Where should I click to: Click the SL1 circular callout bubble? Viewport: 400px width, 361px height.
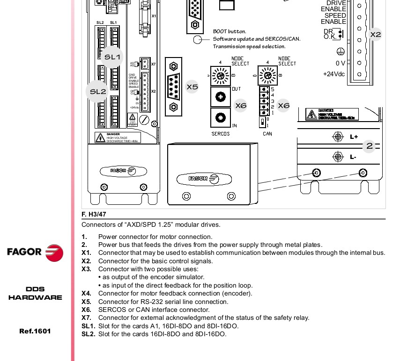112,57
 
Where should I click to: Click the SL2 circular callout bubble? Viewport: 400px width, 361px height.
98,92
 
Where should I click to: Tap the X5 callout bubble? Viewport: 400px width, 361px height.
192,87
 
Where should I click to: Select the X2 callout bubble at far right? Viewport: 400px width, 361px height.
376,34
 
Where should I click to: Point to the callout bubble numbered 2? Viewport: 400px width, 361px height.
370,146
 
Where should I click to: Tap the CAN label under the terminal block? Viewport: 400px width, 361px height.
267,134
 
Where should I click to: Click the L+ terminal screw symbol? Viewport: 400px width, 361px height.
337,137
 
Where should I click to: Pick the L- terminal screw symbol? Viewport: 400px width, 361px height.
337,156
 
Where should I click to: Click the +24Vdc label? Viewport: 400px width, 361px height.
334,74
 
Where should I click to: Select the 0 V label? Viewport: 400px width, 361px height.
340,63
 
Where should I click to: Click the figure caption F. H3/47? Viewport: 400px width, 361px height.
94,214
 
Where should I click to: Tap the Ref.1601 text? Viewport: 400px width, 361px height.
35,332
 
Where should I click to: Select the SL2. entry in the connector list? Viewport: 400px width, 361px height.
88,334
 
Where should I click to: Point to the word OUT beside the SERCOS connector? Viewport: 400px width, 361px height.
236,88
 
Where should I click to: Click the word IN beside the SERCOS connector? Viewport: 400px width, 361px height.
234,125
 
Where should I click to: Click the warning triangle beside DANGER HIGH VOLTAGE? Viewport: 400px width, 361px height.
100,137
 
